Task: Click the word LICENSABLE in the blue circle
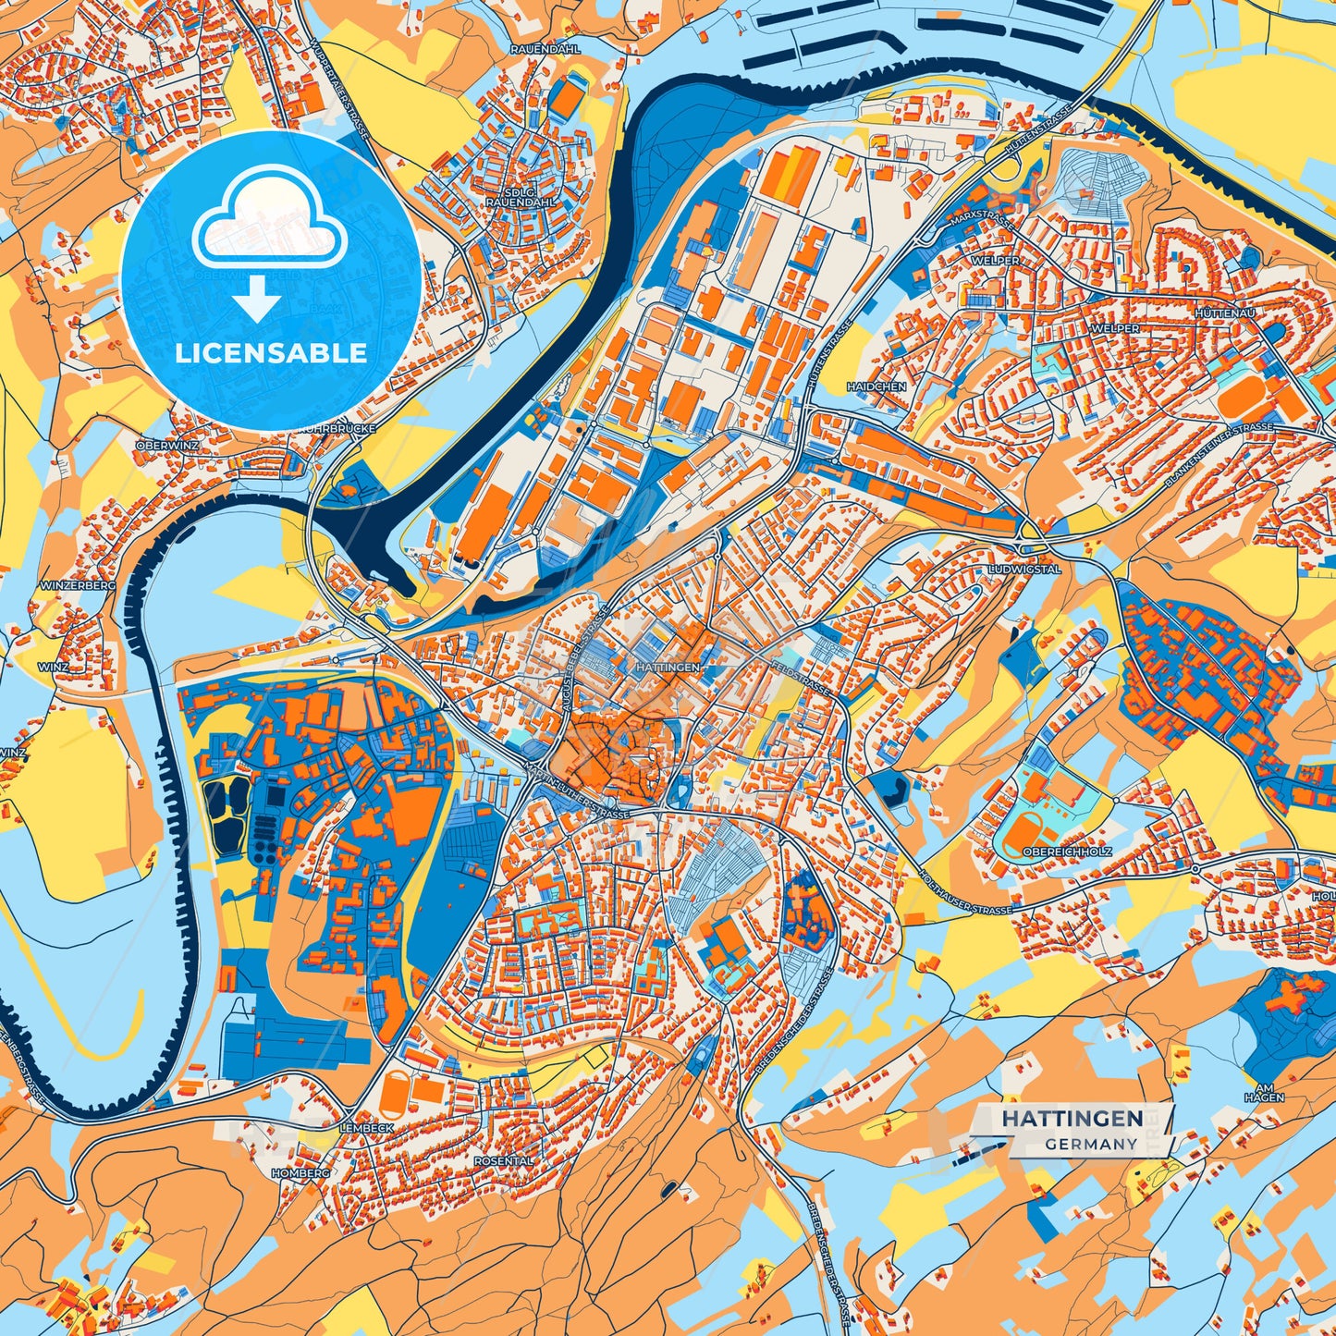click(271, 353)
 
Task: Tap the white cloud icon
click(269, 222)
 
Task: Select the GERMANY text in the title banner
click(1091, 1144)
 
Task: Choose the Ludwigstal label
click(1024, 570)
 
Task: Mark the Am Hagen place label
click(1264, 1092)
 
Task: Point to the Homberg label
click(300, 1172)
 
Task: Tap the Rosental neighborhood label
click(504, 1160)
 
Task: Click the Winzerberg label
click(78, 586)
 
